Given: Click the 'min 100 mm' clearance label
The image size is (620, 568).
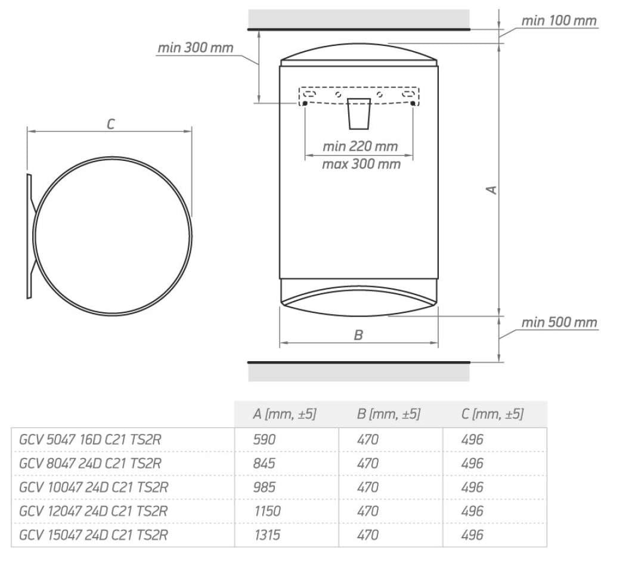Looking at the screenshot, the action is [x=559, y=20].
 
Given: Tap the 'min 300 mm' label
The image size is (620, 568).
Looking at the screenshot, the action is [x=196, y=48].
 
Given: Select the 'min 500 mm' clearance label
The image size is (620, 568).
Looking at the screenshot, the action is [x=559, y=322].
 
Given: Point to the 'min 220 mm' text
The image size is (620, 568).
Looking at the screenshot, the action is [x=360, y=146].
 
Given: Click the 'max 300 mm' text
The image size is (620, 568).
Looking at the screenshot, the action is [x=361, y=164].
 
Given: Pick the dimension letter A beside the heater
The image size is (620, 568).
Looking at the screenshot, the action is [x=491, y=190].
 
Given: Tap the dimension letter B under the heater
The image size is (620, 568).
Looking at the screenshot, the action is [x=358, y=335].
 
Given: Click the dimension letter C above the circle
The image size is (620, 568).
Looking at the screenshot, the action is [x=111, y=124].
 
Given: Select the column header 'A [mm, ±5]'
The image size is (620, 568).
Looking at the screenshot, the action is [x=285, y=414].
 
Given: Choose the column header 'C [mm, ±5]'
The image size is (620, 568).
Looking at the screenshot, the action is [x=492, y=414].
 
